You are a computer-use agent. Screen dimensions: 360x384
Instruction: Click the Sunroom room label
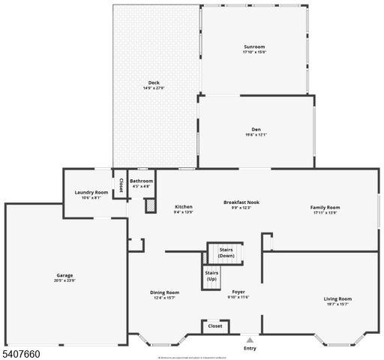pyautogui.click(x=254, y=46)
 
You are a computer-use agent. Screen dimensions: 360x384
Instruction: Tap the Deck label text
pyautogui.click(x=153, y=82)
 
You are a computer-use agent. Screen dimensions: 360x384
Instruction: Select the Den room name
pyautogui.click(x=255, y=129)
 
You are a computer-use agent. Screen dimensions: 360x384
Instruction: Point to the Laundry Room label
pyautogui.click(x=91, y=193)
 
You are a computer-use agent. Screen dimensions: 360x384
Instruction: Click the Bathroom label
pyautogui.click(x=141, y=181)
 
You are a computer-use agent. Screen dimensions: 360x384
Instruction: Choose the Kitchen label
pyautogui.click(x=184, y=206)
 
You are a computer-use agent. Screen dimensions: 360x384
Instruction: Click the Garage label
pyautogui.click(x=64, y=274)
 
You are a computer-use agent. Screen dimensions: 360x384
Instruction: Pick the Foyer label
pyautogui.click(x=238, y=291)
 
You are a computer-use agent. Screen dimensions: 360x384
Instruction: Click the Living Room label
pyautogui.click(x=337, y=298)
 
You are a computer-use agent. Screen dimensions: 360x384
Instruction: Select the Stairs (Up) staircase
pyautogui.click(x=212, y=277)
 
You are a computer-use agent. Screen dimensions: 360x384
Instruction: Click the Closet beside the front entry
pyautogui.click(x=214, y=326)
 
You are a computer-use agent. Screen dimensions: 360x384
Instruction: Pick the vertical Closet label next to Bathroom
pyautogui.click(x=121, y=184)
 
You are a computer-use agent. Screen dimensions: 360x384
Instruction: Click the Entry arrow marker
pyautogui.click(x=249, y=339)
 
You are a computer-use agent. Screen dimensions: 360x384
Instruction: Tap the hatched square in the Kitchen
pyautogui.click(x=150, y=204)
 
